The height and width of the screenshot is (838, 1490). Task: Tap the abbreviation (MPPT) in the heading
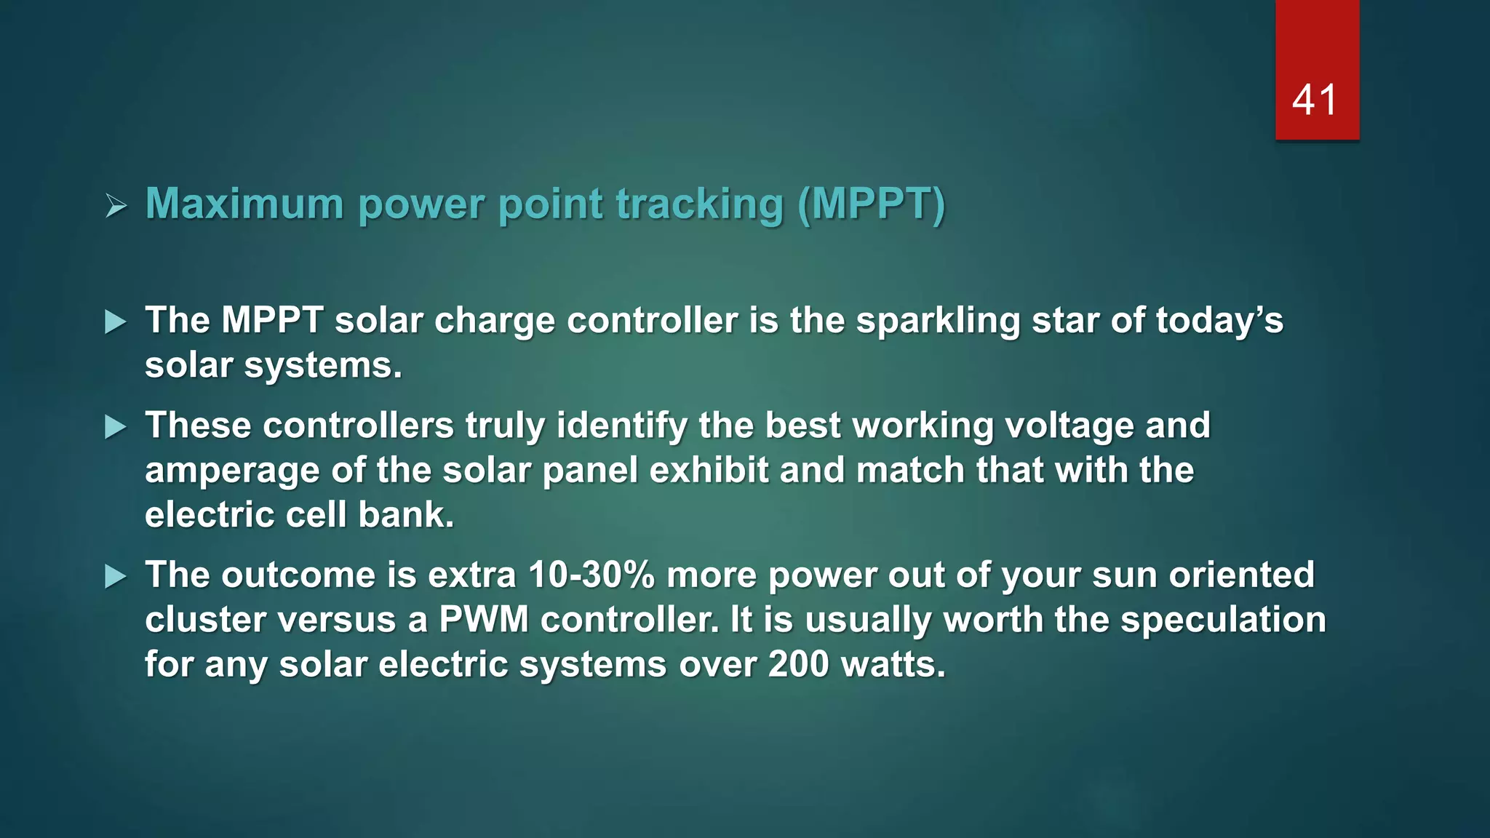point(871,204)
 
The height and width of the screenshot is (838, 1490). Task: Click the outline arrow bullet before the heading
point(116,206)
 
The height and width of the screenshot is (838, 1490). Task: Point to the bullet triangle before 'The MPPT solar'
point(116,322)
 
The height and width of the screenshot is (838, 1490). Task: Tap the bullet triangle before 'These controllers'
point(116,427)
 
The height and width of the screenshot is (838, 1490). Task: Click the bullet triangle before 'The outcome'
point(116,577)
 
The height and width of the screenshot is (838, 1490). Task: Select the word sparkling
point(938,322)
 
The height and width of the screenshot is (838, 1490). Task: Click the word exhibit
point(709,470)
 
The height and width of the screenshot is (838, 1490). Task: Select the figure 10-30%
point(591,575)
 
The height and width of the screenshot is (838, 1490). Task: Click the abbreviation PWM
point(484,620)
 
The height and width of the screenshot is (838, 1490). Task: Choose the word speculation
point(1223,620)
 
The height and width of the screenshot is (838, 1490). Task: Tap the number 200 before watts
point(798,665)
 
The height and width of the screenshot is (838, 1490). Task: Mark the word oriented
point(1241,575)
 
